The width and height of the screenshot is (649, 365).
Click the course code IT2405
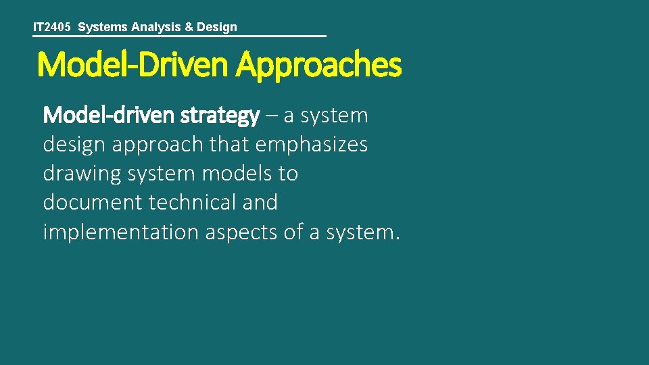(52, 27)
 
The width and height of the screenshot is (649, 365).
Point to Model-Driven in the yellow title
(133, 66)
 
